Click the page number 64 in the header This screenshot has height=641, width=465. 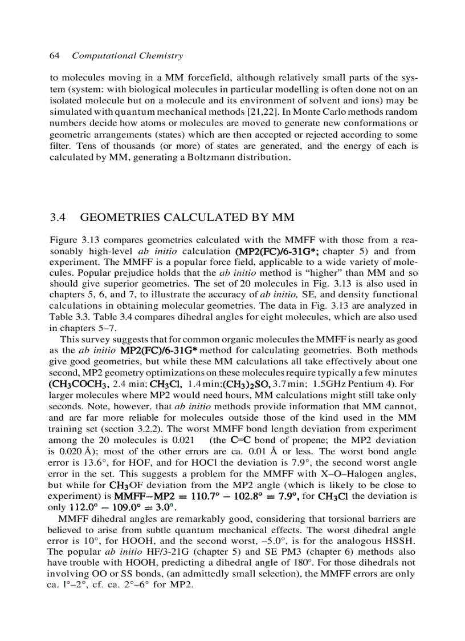(x=55, y=56)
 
